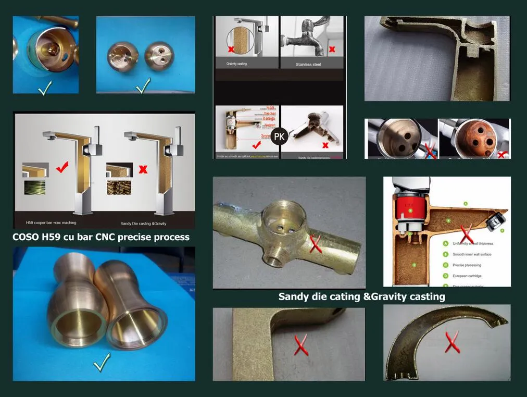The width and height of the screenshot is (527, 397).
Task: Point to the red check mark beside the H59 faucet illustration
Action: (x=62, y=168)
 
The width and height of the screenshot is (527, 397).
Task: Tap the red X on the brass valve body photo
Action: (x=316, y=243)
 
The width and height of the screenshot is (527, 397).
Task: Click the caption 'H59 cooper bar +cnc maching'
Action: (x=47, y=215)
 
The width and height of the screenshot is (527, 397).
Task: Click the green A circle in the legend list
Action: (x=446, y=243)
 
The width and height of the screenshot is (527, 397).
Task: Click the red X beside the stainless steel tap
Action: (x=332, y=50)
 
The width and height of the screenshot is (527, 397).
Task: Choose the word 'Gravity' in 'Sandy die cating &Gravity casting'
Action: (x=394, y=297)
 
